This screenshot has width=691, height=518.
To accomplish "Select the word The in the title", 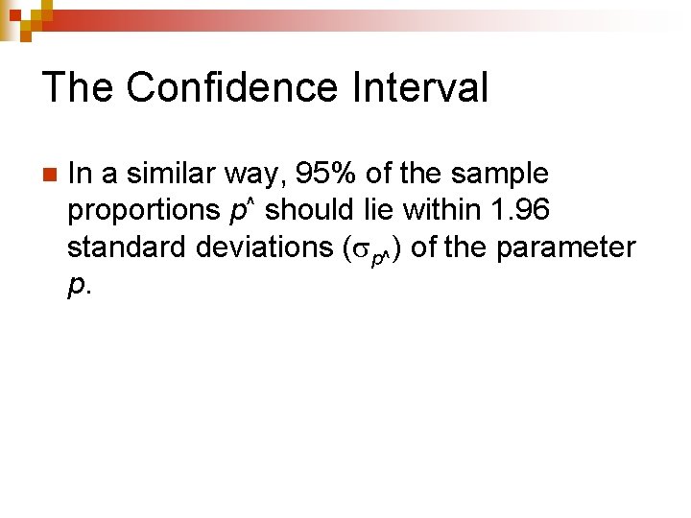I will point(79,87).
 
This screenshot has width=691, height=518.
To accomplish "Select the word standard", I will point(127,247).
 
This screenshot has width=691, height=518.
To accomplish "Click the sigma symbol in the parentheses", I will point(360,250).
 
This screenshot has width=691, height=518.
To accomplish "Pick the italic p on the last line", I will point(75,287).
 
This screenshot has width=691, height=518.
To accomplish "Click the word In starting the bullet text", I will point(80,174).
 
